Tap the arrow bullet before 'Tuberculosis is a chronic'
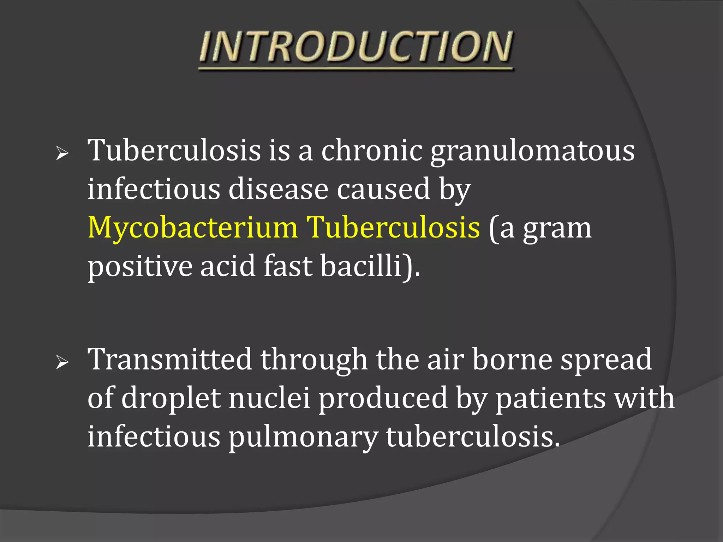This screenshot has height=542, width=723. pyautogui.click(x=62, y=153)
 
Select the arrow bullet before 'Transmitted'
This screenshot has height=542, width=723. pyautogui.click(x=62, y=362)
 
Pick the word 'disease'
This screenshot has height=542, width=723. pyautogui.click(x=278, y=189)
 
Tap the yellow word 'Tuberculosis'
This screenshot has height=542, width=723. pyautogui.click(x=393, y=228)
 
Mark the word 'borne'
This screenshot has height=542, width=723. pyautogui.click(x=512, y=360)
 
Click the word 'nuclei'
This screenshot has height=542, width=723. pyautogui.click(x=269, y=398)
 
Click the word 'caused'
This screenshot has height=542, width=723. pyautogui.click(x=383, y=189)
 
